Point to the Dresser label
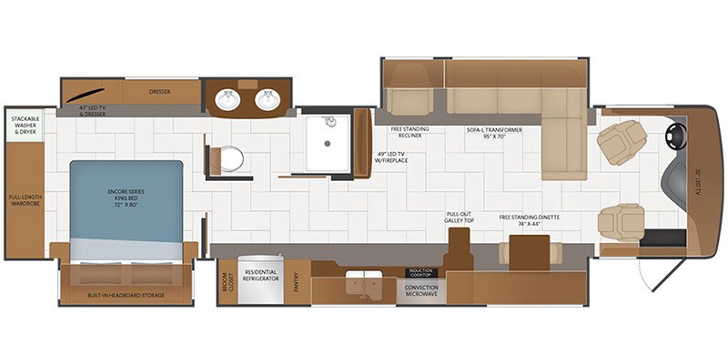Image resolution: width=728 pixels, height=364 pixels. (x=160, y=91)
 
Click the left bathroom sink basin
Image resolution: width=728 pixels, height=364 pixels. (x=227, y=100)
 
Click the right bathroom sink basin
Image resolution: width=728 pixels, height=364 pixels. (x=268, y=100)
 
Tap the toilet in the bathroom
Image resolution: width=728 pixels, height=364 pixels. (x=229, y=159)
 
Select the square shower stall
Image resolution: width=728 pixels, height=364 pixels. (x=327, y=143)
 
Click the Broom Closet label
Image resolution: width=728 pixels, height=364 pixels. (x=227, y=283)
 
